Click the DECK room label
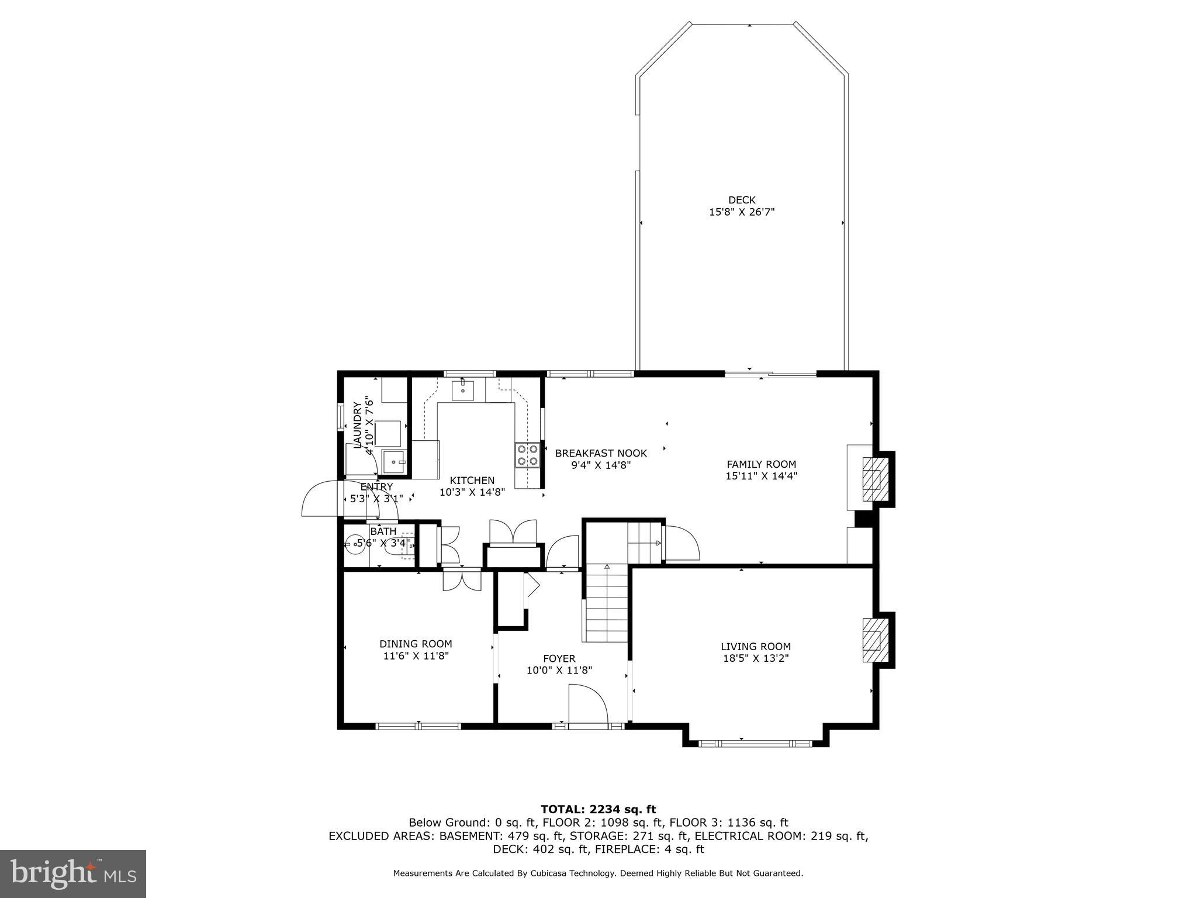pyautogui.click(x=742, y=200)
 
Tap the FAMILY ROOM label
pyautogui.click(x=761, y=464)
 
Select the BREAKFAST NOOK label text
pyautogui.click(x=601, y=453)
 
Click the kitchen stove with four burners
pyautogui.click(x=527, y=455)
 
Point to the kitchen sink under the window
pyautogui.click(x=462, y=389)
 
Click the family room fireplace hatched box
pyautogui.click(x=873, y=479)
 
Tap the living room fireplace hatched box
pyautogui.click(x=873, y=640)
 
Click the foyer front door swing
pyautogui.click(x=588, y=706)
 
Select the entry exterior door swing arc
pyautogui.click(x=320, y=499)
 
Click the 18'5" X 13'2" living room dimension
pyautogui.click(x=756, y=658)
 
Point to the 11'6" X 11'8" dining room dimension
pyautogui.click(x=416, y=656)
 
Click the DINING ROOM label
pyautogui.click(x=416, y=644)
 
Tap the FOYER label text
pyautogui.click(x=559, y=658)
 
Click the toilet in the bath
pyautogui.click(x=403, y=544)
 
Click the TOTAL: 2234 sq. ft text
pyautogui.click(x=598, y=809)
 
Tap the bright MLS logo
pyautogui.click(x=73, y=874)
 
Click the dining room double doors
pyautogui.click(x=461, y=580)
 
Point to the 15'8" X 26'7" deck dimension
pyautogui.click(x=742, y=212)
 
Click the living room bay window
pyautogui.click(x=756, y=744)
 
